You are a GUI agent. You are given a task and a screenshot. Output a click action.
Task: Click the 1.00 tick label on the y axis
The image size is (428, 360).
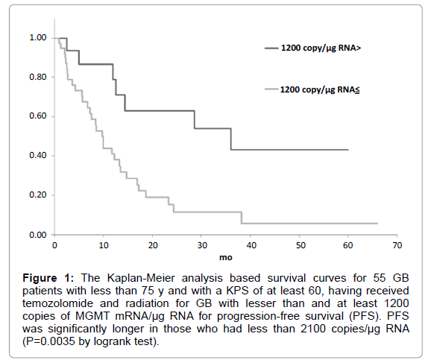(38, 38)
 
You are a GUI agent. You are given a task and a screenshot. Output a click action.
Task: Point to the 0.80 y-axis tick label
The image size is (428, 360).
(38, 77)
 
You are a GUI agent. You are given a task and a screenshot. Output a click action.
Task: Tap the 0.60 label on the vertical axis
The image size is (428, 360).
(38, 116)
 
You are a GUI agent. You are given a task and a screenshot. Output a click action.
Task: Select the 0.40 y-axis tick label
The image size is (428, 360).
(38, 155)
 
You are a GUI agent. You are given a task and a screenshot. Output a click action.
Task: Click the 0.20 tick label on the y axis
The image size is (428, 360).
(38, 195)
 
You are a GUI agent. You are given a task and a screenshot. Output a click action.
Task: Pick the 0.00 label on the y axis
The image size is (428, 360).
(38, 235)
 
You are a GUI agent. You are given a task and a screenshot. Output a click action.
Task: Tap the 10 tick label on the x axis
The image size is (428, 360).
(104, 245)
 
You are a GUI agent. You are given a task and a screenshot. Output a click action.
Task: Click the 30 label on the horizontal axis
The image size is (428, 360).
(202, 245)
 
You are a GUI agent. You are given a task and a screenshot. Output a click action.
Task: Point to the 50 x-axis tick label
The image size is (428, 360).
(300, 245)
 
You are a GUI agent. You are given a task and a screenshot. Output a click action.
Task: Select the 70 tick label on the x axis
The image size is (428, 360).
(397, 245)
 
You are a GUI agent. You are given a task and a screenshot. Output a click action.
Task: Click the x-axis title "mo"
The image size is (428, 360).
(226, 257)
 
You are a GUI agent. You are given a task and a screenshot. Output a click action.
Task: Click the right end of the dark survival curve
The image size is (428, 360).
(348, 150)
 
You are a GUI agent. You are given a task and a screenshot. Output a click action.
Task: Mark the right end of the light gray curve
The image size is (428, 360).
(377, 224)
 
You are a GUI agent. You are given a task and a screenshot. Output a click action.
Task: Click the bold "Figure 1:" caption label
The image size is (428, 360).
(48, 278)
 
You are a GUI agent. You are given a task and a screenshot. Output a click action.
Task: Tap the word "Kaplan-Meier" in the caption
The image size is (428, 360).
(141, 278)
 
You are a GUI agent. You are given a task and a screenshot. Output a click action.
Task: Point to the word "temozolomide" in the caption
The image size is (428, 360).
(58, 303)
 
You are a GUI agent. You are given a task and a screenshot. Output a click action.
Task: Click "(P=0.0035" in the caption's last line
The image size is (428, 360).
(48, 341)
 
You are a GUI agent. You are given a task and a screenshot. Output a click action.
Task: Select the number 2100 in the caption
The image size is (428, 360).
(313, 329)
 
